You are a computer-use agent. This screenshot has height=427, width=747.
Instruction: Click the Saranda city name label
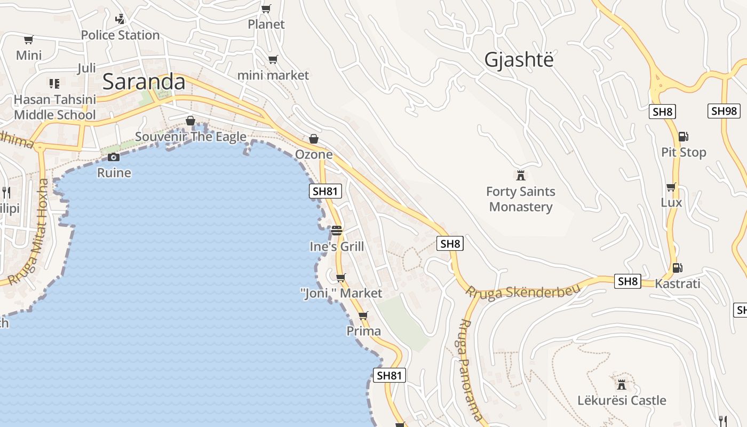(144, 82)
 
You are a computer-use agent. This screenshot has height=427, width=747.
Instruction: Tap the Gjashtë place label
(519, 60)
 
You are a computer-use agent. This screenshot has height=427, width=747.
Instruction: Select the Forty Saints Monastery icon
(521, 175)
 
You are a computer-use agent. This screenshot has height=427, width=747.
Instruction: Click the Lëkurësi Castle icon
(622, 384)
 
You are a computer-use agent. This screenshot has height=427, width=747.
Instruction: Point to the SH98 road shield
(724, 111)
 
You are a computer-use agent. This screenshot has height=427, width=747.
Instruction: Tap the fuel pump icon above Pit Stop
(683, 137)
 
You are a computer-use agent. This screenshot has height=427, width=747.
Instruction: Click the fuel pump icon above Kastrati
(677, 267)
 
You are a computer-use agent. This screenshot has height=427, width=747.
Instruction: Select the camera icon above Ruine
(113, 157)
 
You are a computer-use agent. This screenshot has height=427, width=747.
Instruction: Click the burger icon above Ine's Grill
(337, 231)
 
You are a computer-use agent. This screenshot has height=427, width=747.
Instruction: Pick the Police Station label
(120, 35)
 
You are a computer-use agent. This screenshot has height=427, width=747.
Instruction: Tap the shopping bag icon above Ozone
(314, 139)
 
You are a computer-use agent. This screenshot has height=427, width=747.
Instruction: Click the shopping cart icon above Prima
(363, 316)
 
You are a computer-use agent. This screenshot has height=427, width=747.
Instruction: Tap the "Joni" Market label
(341, 293)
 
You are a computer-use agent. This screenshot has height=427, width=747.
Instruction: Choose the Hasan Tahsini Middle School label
(55, 107)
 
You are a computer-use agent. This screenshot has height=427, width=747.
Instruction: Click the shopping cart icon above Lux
(671, 187)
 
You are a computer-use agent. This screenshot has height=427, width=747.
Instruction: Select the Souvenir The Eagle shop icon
(190, 121)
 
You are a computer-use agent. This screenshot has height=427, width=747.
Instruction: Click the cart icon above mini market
(273, 60)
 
